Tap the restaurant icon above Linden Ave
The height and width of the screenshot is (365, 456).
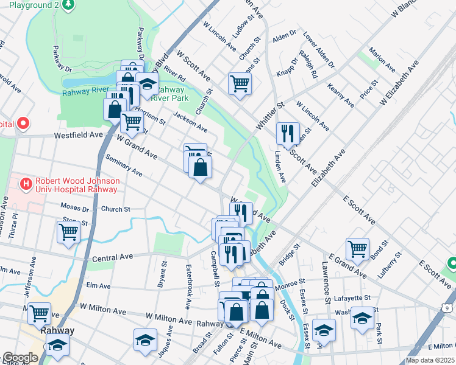click(x=288, y=134)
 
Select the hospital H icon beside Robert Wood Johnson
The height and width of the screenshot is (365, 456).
click(x=26, y=182)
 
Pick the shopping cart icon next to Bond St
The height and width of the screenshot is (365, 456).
click(x=357, y=248)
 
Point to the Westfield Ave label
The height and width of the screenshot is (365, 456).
click(x=79, y=135)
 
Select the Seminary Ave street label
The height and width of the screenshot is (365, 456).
click(x=124, y=165)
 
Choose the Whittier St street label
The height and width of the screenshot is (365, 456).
click(x=271, y=115)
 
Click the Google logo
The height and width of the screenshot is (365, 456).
click(x=20, y=358)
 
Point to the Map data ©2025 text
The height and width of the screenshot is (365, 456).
click(x=430, y=360)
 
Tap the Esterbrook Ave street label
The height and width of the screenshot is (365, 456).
click(x=188, y=286)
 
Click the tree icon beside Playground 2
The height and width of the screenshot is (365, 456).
click(x=69, y=5)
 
